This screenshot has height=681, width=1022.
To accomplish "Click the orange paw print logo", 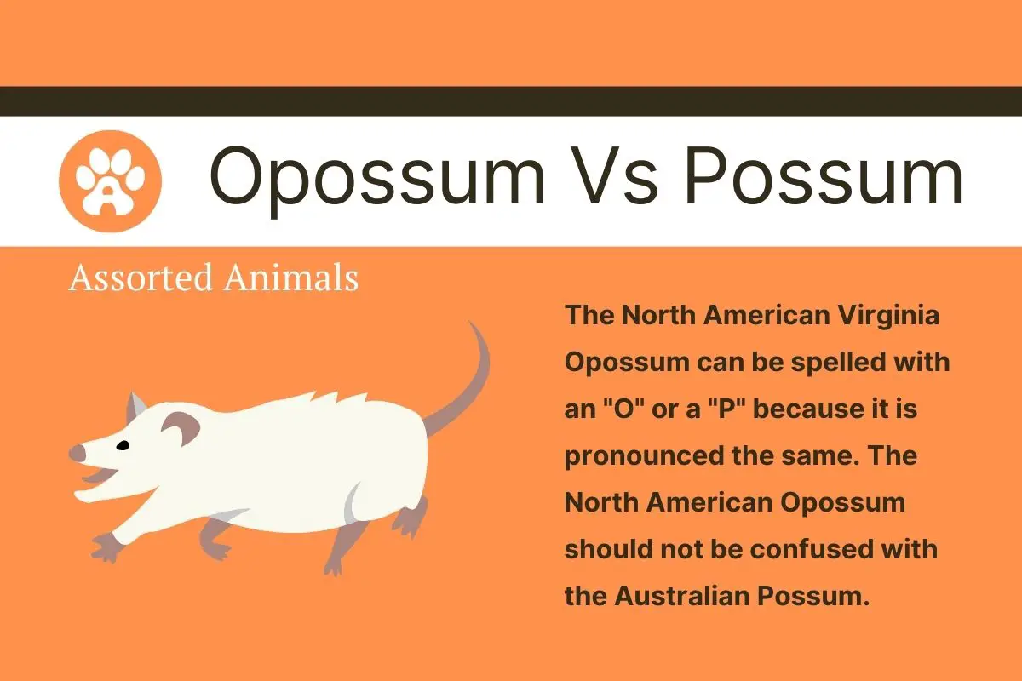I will point(110,180).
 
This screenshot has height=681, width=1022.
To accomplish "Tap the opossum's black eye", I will point(123,445).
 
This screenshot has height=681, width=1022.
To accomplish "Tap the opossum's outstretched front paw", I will point(106,545).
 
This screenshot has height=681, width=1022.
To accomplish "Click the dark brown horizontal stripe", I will point(511,100).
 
